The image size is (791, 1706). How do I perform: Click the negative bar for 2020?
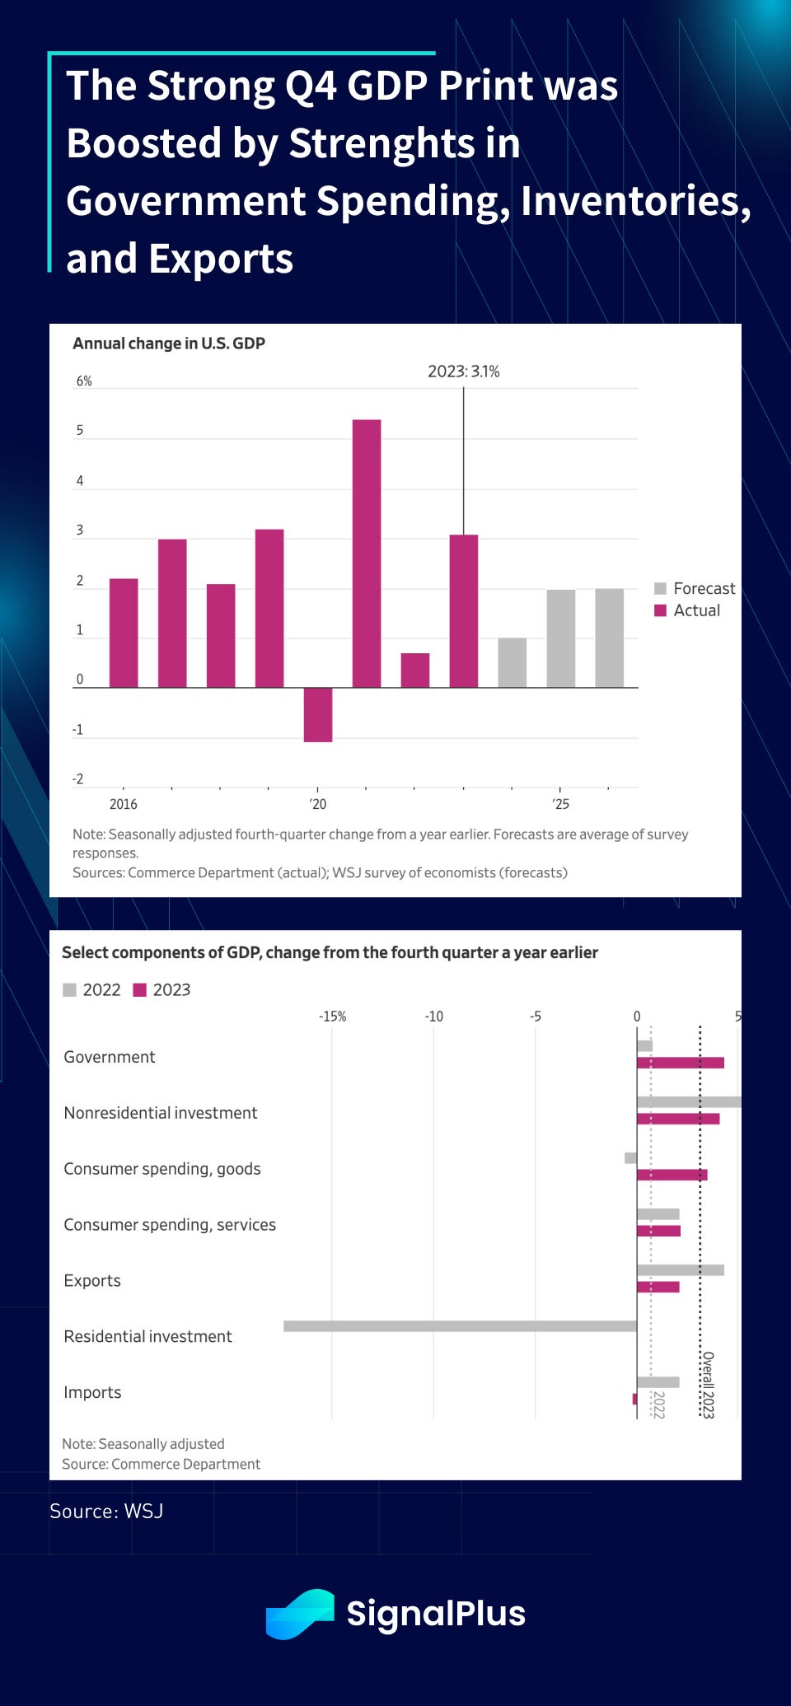pyautogui.click(x=318, y=714)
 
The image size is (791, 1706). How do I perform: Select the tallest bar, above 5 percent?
pyautogui.click(x=367, y=552)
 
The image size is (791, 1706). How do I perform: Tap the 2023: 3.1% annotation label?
pyautogui.click(x=463, y=372)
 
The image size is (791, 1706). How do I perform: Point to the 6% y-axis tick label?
pyautogui.click(x=84, y=381)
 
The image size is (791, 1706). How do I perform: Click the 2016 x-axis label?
pyautogui.click(x=124, y=804)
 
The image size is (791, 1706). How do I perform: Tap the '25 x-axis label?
pyautogui.click(x=560, y=804)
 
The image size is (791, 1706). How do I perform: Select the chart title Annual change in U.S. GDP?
pyautogui.click(x=169, y=344)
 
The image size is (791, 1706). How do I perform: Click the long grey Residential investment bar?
pyautogui.click(x=460, y=1326)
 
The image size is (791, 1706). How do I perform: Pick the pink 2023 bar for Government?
pyautogui.click(x=680, y=1063)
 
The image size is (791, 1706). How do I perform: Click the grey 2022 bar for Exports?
pyautogui.click(x=680, y=1270)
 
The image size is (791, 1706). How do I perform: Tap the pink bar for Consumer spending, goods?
pyautogui.click(x=672, y=1175)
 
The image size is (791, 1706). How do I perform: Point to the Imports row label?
pyautogui.click(x=92, y=1392)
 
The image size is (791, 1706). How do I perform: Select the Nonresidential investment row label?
pyautogui.click(x=161, y=1113)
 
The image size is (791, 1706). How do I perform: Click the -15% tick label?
pyautogui.click(x=332, y=1017)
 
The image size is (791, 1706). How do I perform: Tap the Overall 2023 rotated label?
pyautogui.click(x=707, y=1385)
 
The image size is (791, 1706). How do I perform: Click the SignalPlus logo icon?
pyautogui.click(x=300, y=1613)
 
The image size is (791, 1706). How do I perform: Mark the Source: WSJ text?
pyautogui.click(x=106, y=1511)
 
